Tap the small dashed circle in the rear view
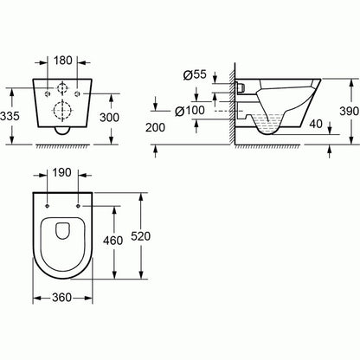61,88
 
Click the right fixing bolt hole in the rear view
78,92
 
